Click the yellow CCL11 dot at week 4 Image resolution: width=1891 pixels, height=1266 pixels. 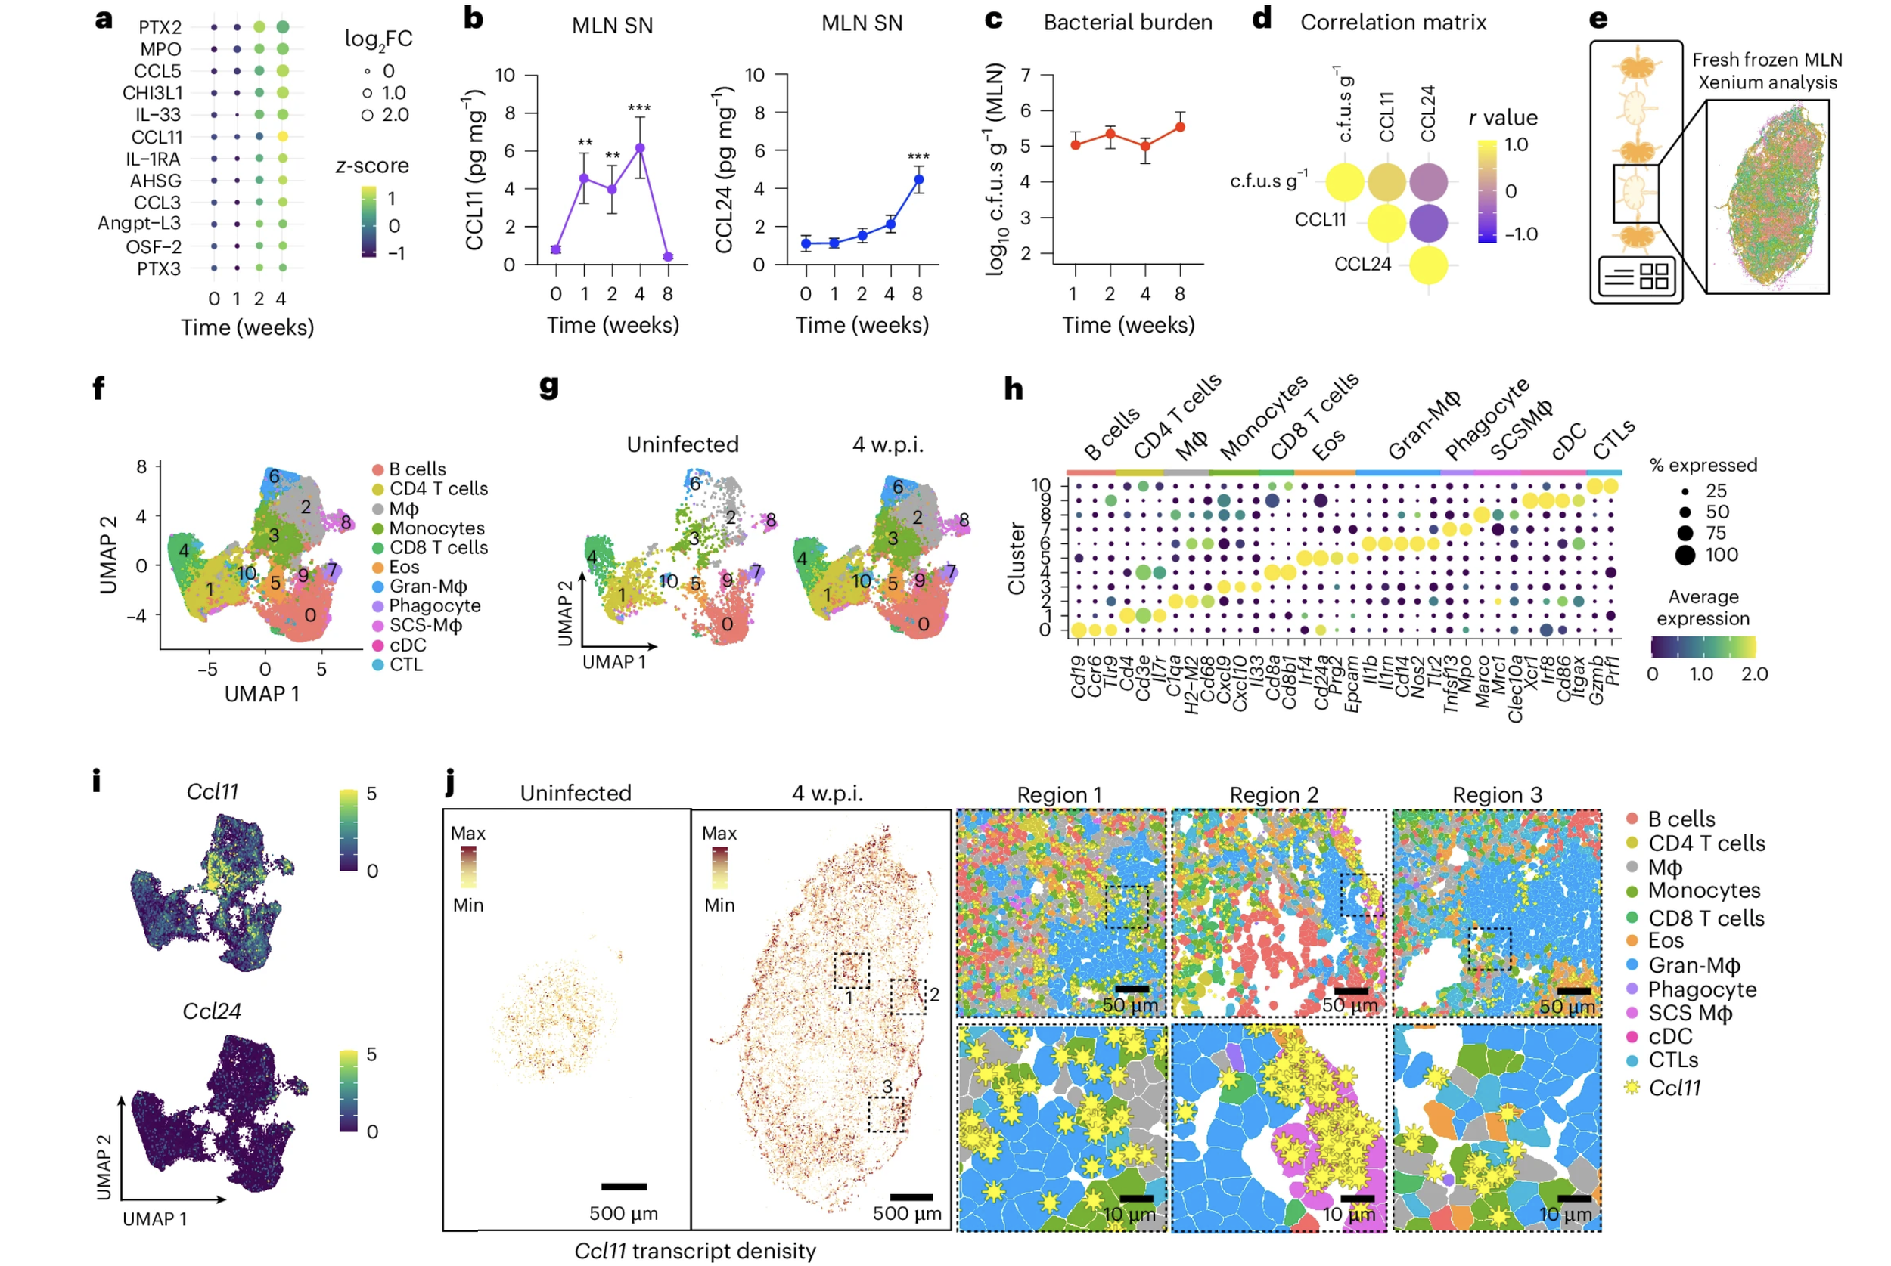click(282, 137)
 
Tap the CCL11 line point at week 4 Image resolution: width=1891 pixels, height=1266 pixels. click(640, 147)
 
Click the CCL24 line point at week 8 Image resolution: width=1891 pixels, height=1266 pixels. click(918, 179)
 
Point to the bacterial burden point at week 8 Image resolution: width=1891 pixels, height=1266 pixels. click(1180, 127)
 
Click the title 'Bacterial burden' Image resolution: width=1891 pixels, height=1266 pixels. click(1128, 23)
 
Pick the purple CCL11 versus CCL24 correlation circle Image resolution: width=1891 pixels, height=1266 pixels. click(1428, 224)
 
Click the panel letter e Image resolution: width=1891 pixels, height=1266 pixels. click(1598, 19)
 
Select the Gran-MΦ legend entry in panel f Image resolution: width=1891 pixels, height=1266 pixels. click(427, 587)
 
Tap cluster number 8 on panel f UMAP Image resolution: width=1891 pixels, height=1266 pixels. click(346, 522)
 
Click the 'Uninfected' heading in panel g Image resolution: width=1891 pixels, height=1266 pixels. click(682, 444)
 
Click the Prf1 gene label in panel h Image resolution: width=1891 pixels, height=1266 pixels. click(1613, 670)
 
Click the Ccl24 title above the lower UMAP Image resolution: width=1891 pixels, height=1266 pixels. click(212, 1011)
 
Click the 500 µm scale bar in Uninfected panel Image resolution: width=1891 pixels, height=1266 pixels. click(623, 1186)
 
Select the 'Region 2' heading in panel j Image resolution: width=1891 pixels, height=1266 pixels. click(1274, 794)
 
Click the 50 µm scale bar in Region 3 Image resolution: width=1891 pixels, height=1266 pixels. click(1573, 991)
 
